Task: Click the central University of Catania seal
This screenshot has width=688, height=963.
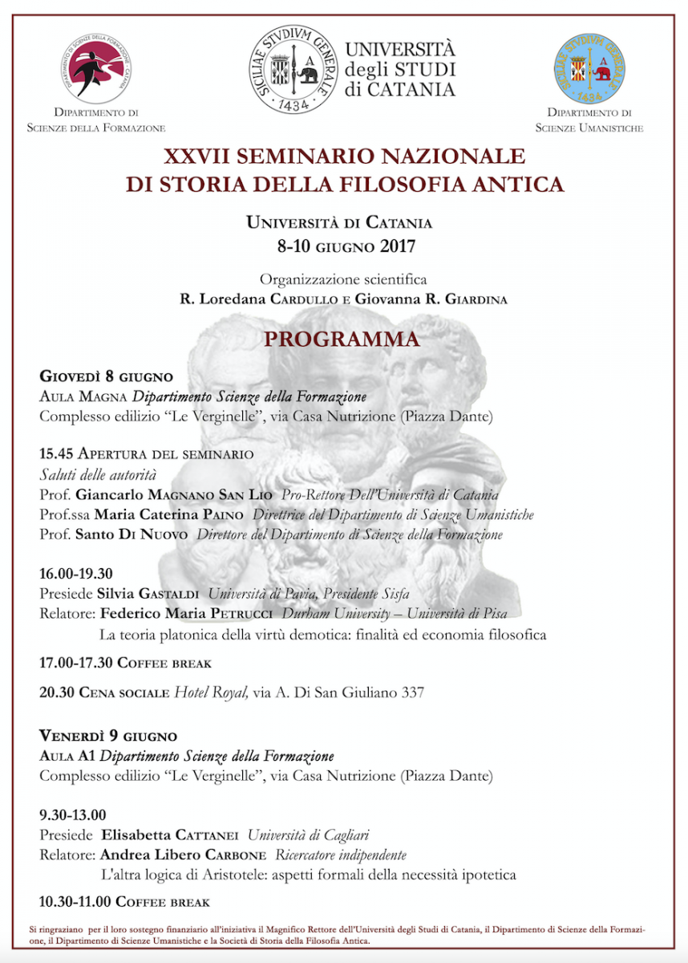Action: pyautogui.click(x=294, y=67)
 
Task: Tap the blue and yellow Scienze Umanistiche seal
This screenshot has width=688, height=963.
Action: pyautogui.click(x=589, y=69)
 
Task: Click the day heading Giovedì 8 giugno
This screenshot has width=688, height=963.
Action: pyautogui.click(x=107, y=377)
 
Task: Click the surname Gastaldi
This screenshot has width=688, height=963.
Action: pyautogui.click(x=171, y=594)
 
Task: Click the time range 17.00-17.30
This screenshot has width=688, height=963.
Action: pyautogui.click(x=76, y=663)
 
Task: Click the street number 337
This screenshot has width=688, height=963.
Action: pyautogui.click(x=412, y=692)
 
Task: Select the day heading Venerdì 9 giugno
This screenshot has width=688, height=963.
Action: pyautogui.click(x=108, y=736)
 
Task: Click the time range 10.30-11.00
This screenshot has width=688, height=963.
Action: pyautogui.click(x=76, y=902)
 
